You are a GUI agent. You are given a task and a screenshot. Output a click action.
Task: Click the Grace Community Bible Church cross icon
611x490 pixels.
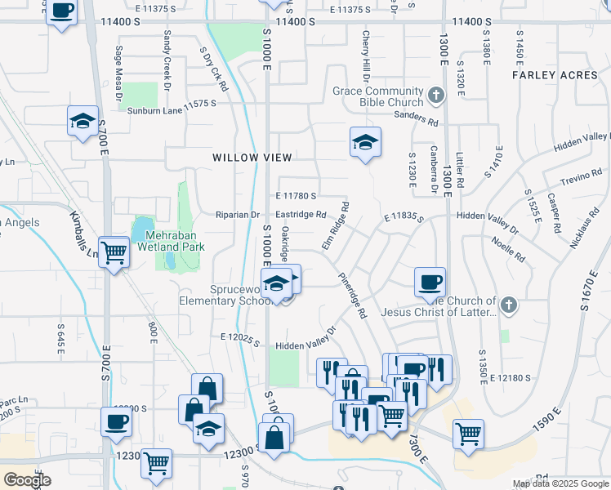(436, 96)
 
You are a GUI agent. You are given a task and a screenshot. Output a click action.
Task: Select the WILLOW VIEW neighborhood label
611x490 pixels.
(252, 157)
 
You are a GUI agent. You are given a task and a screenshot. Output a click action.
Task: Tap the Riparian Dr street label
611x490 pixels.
(236, 215)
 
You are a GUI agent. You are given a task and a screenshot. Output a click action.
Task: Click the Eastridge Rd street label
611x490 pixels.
(301, 215)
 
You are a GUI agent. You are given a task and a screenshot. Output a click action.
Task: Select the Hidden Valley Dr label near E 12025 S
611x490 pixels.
(305, 337)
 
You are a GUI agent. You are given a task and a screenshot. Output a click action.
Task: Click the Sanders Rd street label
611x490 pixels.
(416, 120)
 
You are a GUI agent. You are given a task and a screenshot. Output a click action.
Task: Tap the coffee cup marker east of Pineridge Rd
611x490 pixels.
(430, 282)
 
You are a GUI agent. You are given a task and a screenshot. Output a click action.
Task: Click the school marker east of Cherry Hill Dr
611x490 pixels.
(365, 143)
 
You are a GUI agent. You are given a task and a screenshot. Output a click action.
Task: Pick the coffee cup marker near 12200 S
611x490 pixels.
(116, 421)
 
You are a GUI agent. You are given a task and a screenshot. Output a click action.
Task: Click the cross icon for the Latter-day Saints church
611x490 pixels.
(509, 305)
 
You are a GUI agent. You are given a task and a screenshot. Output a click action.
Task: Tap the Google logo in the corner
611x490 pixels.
(27, 480)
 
